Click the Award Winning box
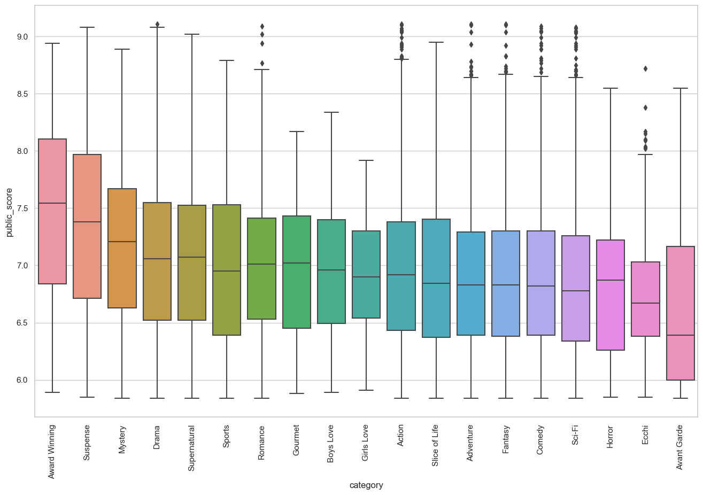[52, 211]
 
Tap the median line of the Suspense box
[87, 222]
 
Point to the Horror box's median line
[611, 280]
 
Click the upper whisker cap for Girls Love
[366, 160]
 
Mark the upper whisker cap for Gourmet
[297, 132]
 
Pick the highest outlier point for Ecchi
[645, 68]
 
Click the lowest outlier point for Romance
[262, 63]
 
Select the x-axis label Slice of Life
[435, 445]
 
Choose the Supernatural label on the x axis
[192, 448]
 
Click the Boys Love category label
[331, 444]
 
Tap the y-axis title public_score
[10, 212]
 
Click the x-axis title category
[366, 485]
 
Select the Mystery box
[122, 248]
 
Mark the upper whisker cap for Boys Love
[331, 112]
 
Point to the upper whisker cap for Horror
[611, 88]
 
